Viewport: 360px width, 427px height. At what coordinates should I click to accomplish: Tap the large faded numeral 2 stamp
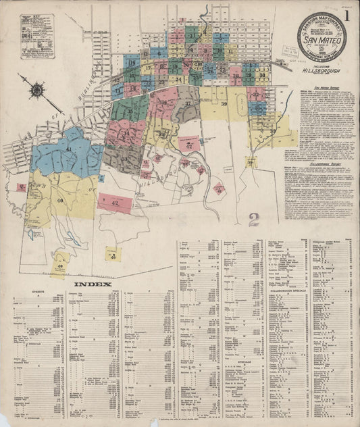point(254,219)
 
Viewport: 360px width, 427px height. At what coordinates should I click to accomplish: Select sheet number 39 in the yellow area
point(223,103)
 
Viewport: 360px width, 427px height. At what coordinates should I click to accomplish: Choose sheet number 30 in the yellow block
point(261,75)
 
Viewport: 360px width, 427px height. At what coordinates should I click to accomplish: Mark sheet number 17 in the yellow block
point(147,68)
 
